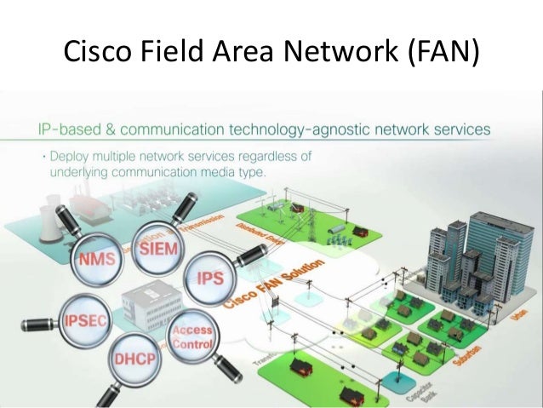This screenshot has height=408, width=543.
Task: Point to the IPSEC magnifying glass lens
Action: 83,320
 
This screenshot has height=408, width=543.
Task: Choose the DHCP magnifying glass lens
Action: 135,359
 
